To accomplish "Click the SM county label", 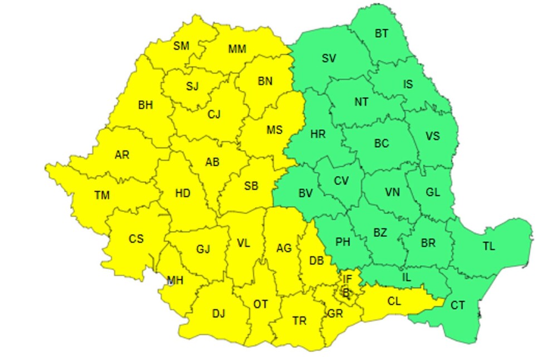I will (181, 46).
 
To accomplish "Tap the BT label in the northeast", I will (382, 34).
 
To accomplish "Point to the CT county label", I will (458, 305).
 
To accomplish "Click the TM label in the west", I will (102, 194).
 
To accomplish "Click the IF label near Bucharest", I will (348, 279).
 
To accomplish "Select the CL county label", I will (394, 301).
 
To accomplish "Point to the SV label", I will (329, 58).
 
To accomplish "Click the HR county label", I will (318, 134).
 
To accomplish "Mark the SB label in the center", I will (251, 186).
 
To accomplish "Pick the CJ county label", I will (214, 114).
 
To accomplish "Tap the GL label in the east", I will (433, 192).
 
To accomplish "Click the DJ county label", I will (218, 313).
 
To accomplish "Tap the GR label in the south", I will (335, 314).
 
